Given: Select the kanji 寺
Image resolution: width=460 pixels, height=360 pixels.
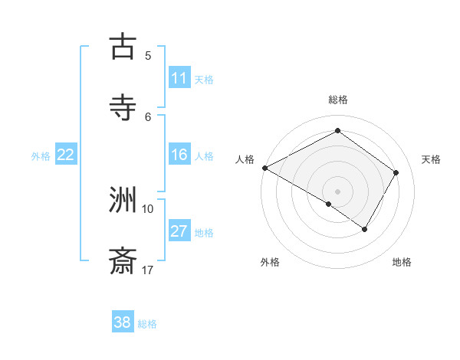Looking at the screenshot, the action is coord(123,107).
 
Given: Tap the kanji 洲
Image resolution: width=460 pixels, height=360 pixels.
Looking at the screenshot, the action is coord(123,200).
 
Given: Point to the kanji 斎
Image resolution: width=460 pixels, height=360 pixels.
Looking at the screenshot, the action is coord(123,261).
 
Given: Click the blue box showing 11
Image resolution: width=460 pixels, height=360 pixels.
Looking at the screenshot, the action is coord(179,78).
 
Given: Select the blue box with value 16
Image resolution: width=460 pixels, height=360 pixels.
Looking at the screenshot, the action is coord(179,155).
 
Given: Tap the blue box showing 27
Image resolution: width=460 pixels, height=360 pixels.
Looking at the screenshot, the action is coord(179,232).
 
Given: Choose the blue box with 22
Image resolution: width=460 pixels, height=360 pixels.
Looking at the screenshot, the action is coord(66,155).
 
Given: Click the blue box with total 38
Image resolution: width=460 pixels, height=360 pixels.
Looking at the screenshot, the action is coord(123,322).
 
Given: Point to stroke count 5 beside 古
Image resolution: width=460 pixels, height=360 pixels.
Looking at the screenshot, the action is coord(148,55).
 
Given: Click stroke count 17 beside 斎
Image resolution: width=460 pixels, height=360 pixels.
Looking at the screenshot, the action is coord(148,270).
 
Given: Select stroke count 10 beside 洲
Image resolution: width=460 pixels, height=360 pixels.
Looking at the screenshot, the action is coord(148,208).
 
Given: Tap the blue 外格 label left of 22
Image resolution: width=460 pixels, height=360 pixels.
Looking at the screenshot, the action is coord(41,156).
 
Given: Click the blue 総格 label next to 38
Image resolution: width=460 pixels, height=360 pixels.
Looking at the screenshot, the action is coord(147,324).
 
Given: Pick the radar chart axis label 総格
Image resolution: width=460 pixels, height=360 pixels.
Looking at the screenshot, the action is coord(337,100).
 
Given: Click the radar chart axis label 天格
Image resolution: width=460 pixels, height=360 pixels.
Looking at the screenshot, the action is coord(431,159).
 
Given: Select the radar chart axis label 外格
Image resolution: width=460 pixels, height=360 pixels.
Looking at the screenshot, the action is coord(270,262).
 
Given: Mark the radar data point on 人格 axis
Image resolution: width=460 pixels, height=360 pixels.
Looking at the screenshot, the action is coord(264,168).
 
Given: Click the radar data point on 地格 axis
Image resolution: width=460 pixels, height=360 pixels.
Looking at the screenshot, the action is coord(364,229).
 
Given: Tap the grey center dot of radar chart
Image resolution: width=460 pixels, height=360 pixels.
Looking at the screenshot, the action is coord(337,191).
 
